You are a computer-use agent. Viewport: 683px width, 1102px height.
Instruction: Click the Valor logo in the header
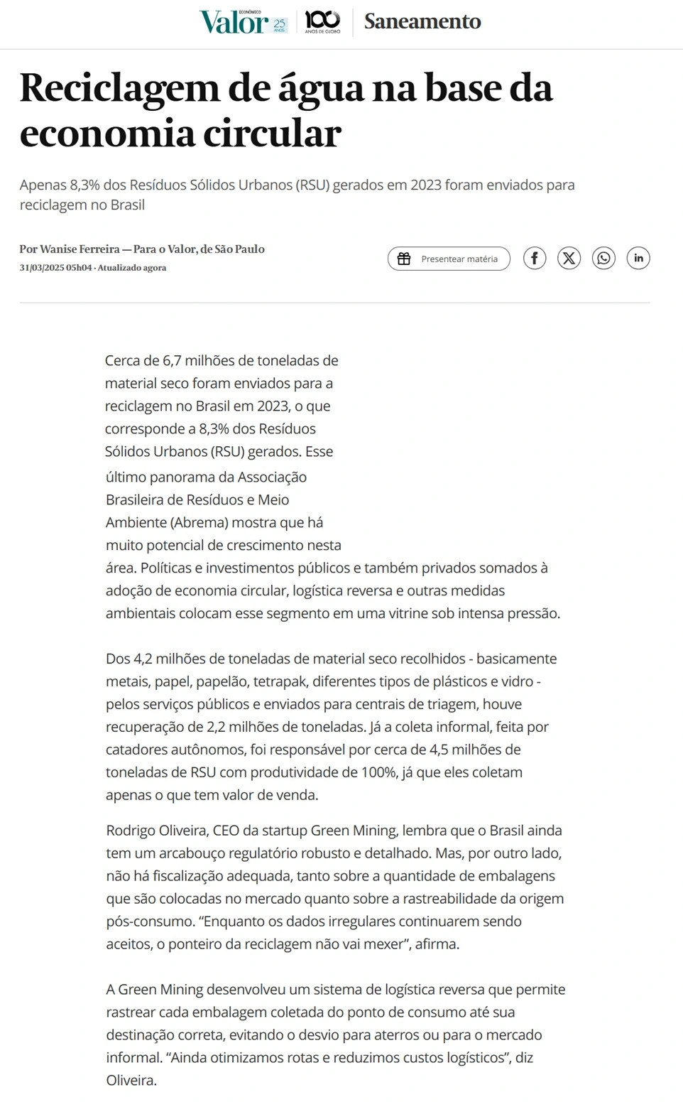pyautogui.click(x=234, y=22)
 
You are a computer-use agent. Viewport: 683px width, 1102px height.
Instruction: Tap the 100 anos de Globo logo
pyautogui.click(x=322, y=21)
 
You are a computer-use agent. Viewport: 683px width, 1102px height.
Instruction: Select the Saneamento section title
pyautogui.click(x=422, y=21)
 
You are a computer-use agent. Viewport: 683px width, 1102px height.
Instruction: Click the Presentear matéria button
pyautogui.click(x=449, y=259)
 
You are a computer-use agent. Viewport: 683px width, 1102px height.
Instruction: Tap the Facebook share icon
pyautogui.click(x=535, y=258)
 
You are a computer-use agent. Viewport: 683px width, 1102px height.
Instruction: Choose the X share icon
pyautogui.click(x=569, y=258)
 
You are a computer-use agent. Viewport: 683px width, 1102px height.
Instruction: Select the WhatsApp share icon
pyautogui.click(x=603, y=258)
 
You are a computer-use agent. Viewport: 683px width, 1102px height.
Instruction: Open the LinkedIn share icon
pyautogui.click(x=638, y=258)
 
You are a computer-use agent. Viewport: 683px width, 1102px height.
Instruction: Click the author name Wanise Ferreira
pyautogui.click(x=80, y=249)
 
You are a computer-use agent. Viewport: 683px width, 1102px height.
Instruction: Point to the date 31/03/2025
pyautogui.click(x=42, y=268)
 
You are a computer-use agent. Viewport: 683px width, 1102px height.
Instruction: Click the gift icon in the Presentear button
pyautogui.click(x=404, y=259)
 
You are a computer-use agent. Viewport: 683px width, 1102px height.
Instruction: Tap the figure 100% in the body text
pyautogui.click(x=379, y=772)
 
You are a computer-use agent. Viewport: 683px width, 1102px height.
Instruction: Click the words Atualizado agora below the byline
pyautogui.click(x=132, y=268)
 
